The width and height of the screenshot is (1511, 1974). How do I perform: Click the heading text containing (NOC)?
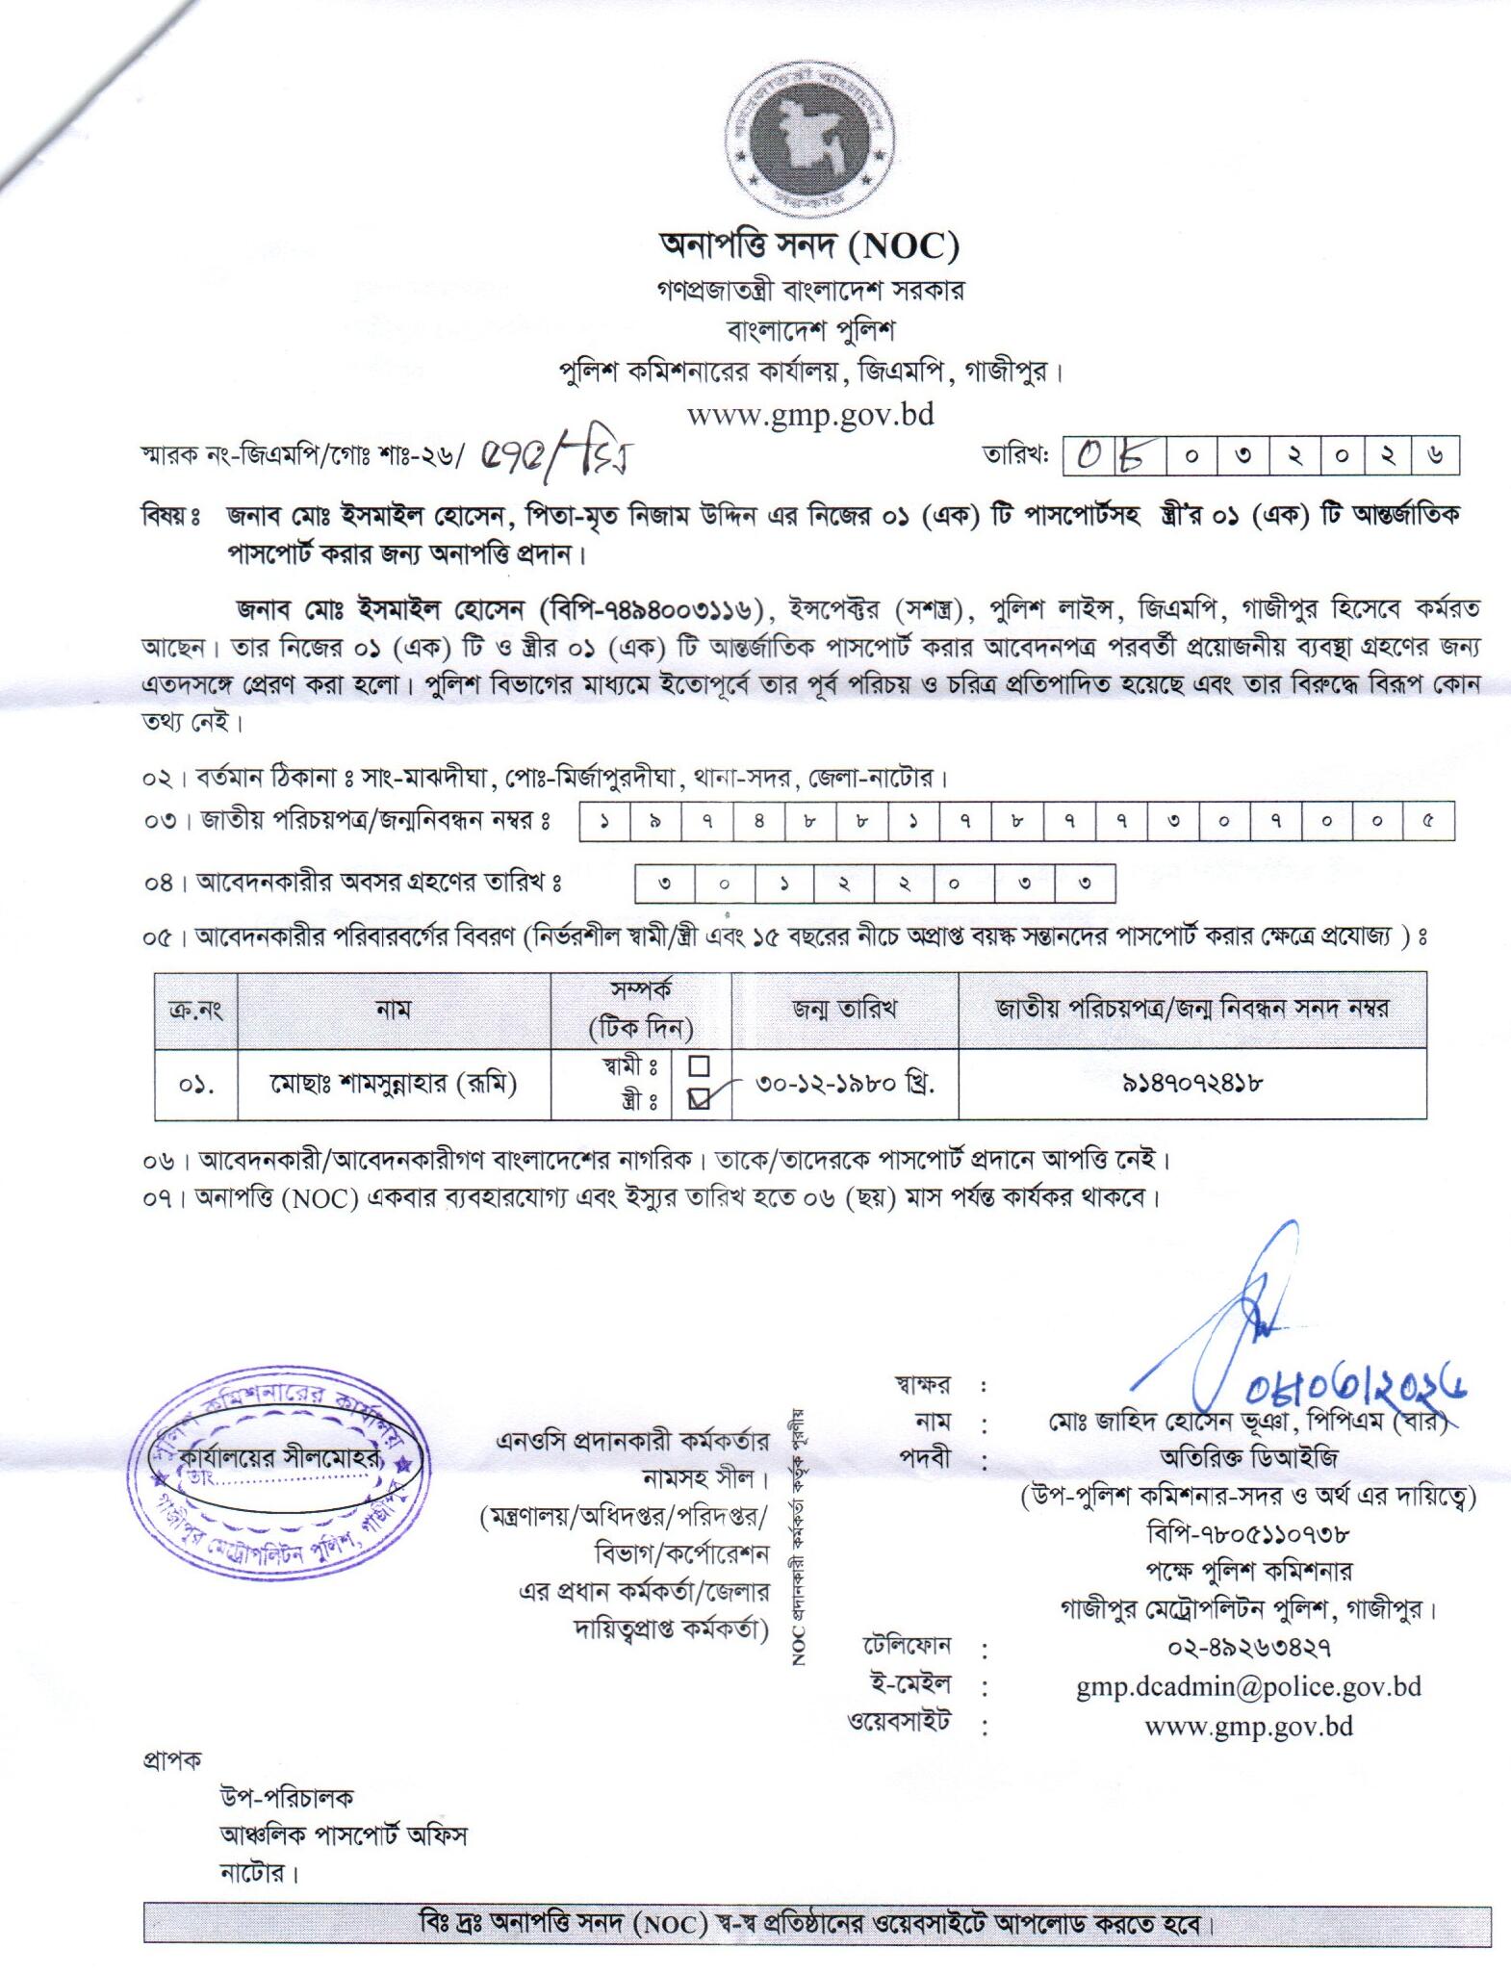pos(809,246)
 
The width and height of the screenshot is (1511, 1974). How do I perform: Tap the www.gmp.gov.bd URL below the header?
pos(810,415)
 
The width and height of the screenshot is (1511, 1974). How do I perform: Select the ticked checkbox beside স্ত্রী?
pos(700,1098)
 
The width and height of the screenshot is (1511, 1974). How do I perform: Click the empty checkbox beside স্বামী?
pos(700,1066)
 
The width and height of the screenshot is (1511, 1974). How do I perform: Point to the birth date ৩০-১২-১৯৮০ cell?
pos(845,1083)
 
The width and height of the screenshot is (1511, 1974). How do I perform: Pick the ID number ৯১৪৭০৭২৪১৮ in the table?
pos(1192,1083)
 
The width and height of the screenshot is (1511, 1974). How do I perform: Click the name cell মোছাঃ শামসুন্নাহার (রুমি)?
pos(393,1084)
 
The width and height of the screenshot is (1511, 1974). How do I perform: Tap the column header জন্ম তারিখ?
pos(844,1009)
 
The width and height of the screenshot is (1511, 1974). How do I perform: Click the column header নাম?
pos(393,1009)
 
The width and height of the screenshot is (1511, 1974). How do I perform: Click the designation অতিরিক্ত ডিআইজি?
pos(1248,1457)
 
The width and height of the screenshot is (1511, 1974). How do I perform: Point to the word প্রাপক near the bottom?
pos(172,1760)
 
